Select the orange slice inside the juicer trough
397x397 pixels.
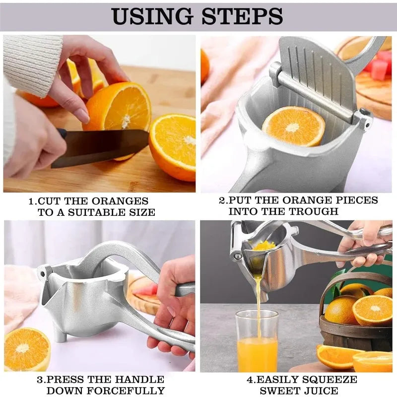pos(293,127)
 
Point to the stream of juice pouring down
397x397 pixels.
pos(258,298)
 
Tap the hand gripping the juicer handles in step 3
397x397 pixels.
pos(174,308)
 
